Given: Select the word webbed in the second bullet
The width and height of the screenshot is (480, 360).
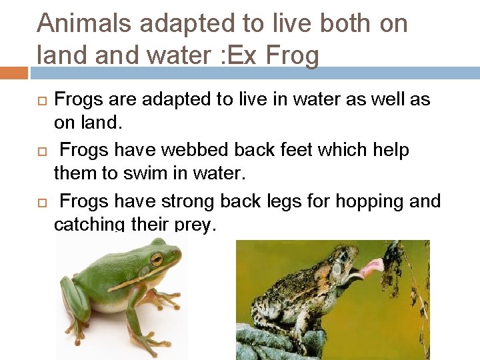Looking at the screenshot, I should coord(209,150).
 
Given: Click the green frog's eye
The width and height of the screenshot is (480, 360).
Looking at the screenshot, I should coord(156,259).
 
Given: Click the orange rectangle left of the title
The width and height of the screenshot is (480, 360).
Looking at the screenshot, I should coord(13,73).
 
